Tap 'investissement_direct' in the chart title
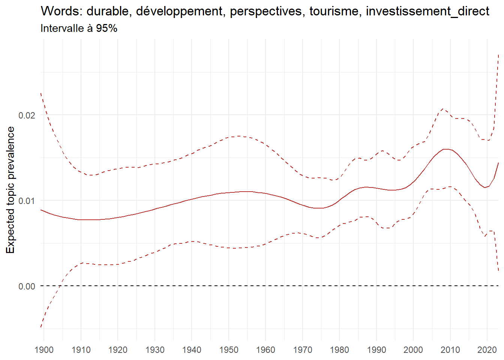pos(427,11)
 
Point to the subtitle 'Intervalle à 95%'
pos(79,28)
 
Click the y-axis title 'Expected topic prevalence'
pos(10,190)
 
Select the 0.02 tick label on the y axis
pos(27,115)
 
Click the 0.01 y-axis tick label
pos(27,201)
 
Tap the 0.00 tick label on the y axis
pos(27,286)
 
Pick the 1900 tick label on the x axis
pos(44,350)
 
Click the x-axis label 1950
pos(229,350)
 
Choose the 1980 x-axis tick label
pos(339,350)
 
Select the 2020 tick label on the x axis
pos(487,350)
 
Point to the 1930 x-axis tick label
pos(155,350)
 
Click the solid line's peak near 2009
pos(446,149)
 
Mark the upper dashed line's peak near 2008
pos(443,109)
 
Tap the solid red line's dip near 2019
pos(484,187)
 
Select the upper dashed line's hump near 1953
pos(239,136)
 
